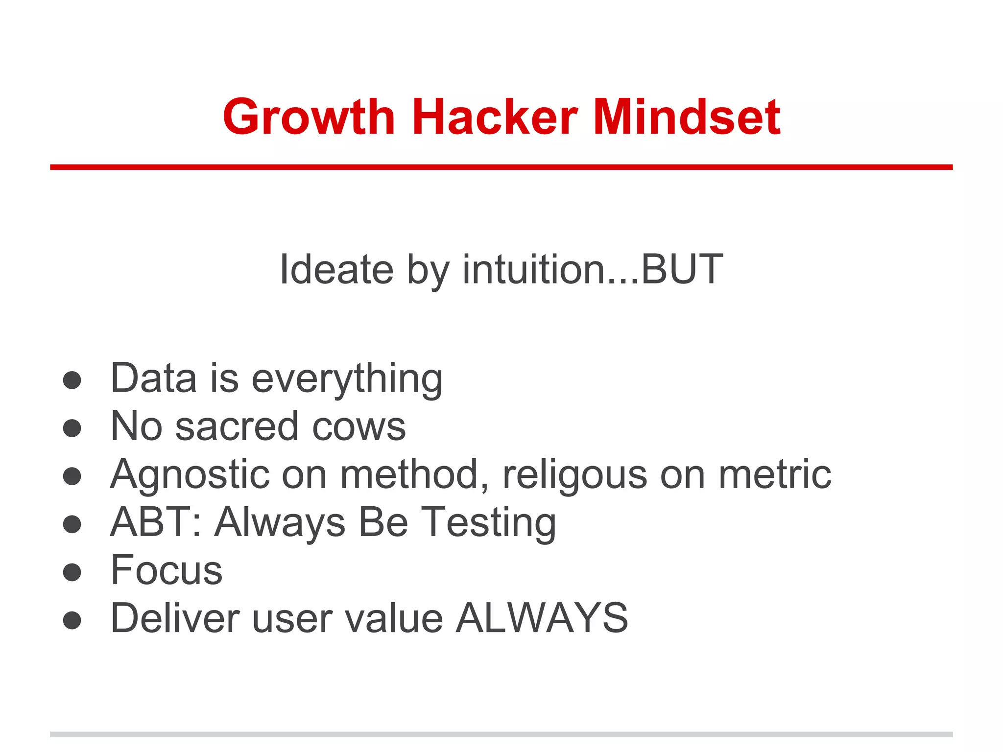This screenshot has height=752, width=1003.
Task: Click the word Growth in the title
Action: coord(309,117)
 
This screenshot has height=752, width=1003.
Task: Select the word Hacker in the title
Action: coord(495,117)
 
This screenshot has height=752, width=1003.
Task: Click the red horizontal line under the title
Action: coord(501,167)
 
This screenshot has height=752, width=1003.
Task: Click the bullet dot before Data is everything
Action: coord(72,380)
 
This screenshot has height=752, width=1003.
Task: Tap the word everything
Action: coord(347,379)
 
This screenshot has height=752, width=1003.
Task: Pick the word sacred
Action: coord(237,426)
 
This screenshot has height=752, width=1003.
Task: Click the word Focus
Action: coord(167,570)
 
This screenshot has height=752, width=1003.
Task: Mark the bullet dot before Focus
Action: coord(72,572)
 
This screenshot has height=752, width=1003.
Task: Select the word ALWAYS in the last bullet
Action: coord(542,618)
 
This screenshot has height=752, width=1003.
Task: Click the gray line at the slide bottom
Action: coord(501,734)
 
